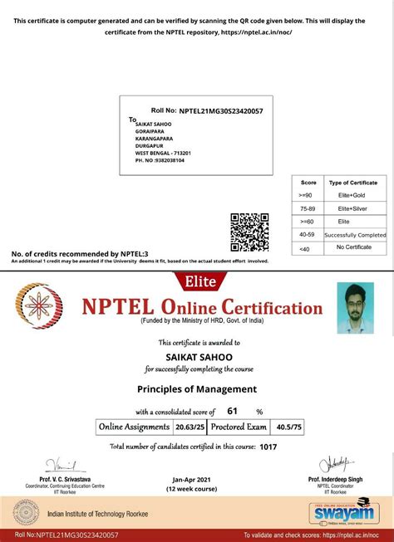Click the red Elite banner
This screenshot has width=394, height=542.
(197, 281)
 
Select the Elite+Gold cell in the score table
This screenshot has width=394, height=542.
(353, 195)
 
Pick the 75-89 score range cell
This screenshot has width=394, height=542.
(308, 208)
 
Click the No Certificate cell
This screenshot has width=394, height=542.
(353, 248)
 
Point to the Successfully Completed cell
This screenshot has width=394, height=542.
(355, 235)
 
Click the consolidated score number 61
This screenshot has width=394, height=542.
(233, 411)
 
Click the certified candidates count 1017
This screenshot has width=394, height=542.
(268, 447)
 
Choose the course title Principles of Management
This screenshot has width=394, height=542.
(197, 388)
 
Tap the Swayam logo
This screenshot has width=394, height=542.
(341, 515)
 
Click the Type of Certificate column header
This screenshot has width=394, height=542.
(353, 182)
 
